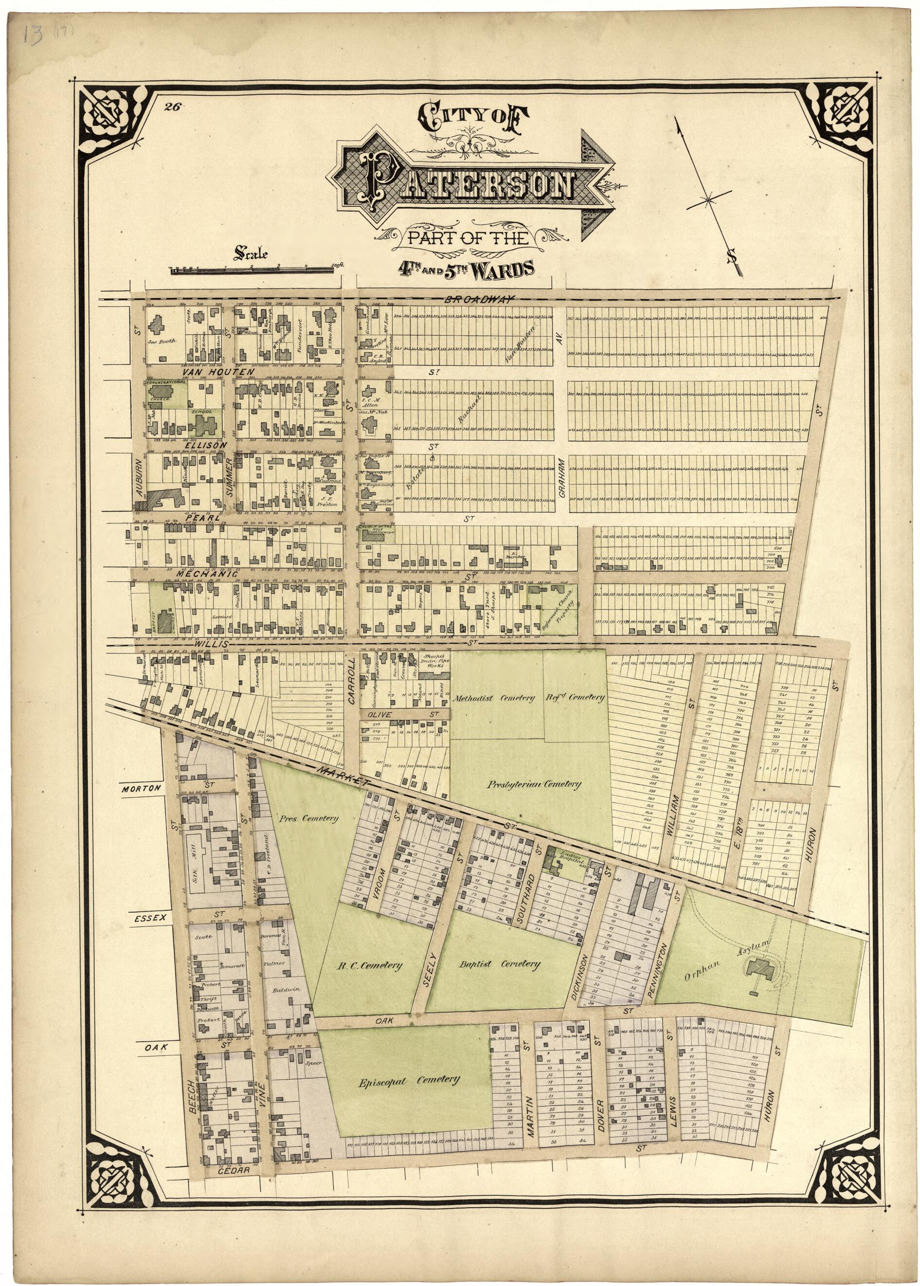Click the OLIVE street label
pyautogui.click(x=379, y=715)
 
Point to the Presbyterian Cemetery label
pyautogui.click(x=534, y=785)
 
